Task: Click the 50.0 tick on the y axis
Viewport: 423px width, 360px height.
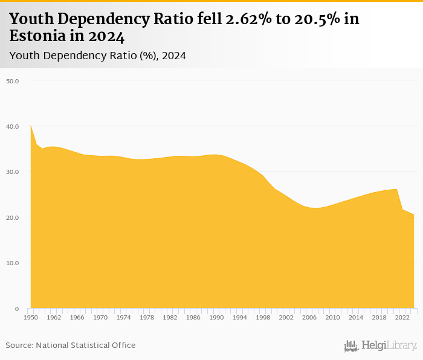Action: (13, 81)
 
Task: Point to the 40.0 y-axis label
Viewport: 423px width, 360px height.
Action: (13, 126)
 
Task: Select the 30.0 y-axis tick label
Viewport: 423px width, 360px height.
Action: (13, 172)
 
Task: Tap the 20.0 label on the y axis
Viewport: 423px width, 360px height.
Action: (13, 217)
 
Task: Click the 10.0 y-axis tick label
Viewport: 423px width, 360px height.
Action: (13, 263)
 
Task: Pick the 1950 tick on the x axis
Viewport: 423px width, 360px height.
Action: (30, 317)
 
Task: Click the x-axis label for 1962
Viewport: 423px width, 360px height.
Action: (53, 317)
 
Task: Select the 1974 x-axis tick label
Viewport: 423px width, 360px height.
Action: (124, 317)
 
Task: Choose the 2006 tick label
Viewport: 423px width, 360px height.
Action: (309, 317)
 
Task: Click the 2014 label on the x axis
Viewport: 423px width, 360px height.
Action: (356, 317)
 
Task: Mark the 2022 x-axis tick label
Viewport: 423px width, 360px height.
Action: (403, 317)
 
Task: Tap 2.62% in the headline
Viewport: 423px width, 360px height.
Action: (247, 19)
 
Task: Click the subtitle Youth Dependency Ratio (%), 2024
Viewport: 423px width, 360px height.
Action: (97, 56)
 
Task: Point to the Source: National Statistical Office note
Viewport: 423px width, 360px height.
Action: (71, 345)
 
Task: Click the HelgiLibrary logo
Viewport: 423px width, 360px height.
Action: (380, 346)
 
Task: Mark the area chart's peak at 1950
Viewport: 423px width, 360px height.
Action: (31, 126)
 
